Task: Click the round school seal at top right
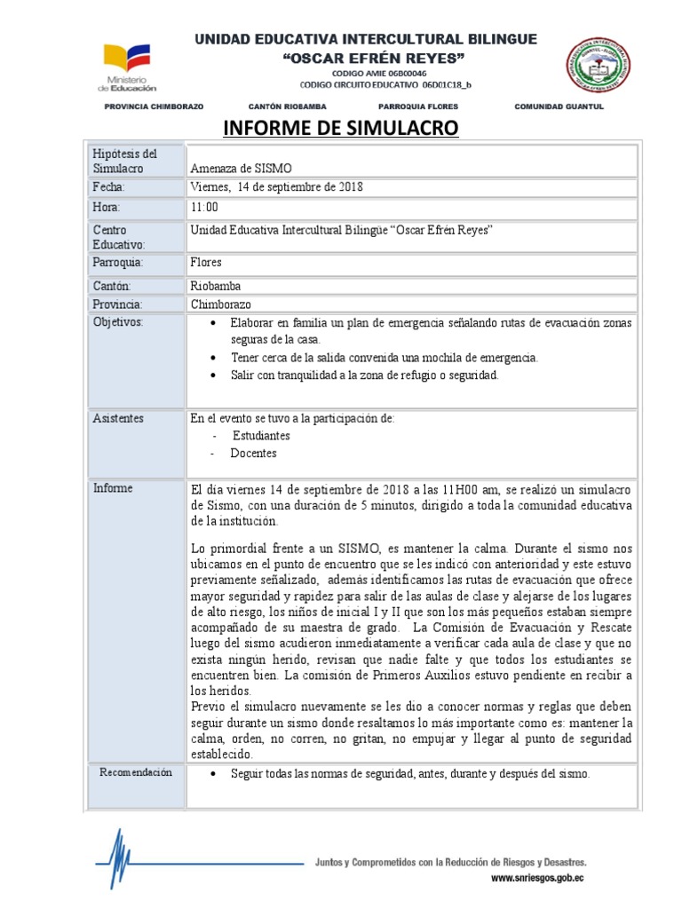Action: point(600,65)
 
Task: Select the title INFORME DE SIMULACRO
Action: point(340,129)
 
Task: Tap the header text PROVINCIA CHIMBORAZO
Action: point(154,107)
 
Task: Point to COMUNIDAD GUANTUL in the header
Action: point(559,107)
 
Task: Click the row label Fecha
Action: point(109,187)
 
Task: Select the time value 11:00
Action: point(204,208)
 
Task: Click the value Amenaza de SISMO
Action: point(241,169)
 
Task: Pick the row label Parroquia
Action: point(117,264)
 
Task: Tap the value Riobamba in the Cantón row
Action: point(215,286)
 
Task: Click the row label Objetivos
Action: point(117,321)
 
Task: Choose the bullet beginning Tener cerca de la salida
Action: point(384,357)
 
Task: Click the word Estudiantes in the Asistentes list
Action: point(261,436)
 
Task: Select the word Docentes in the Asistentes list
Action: point(253,454)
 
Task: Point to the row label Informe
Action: point(112,488)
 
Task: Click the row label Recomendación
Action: point(134,773)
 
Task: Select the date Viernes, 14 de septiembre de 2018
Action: point(277,187)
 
